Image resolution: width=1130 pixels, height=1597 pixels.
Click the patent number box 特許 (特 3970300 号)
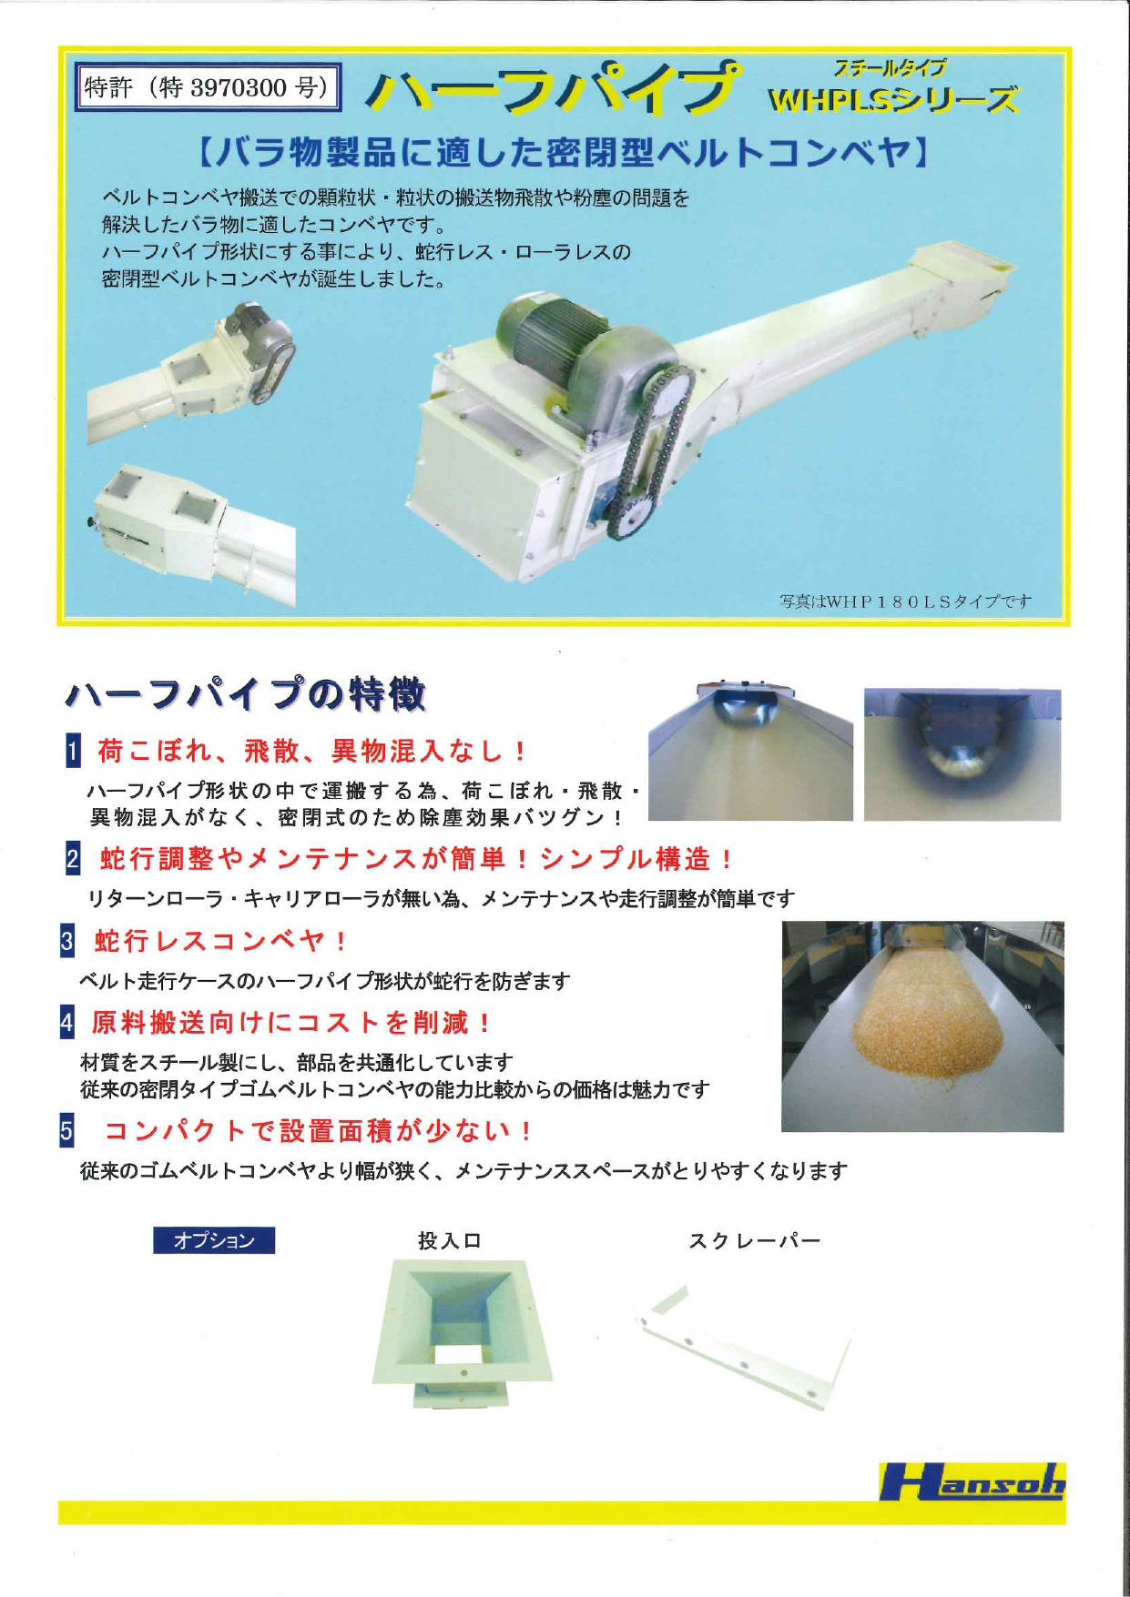point(208,87)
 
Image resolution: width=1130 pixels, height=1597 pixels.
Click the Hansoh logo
point(971,1482)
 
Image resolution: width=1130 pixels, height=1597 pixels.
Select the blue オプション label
point(214,1240)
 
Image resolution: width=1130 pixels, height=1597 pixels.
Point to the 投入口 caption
point(449,1240)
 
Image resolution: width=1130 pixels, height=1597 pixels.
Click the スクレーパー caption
point(754,1240)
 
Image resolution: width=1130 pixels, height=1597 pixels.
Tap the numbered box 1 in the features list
point(74,751)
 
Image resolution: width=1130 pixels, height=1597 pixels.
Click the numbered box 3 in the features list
point(67,940)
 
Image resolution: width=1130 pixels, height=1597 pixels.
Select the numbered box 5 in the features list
point(66,1130)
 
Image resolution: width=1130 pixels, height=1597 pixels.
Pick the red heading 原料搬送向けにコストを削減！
point(292,1022)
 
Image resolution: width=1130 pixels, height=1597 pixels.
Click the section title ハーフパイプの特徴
point(246,694)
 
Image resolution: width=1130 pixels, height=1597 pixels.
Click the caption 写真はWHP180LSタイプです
point(905,601)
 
